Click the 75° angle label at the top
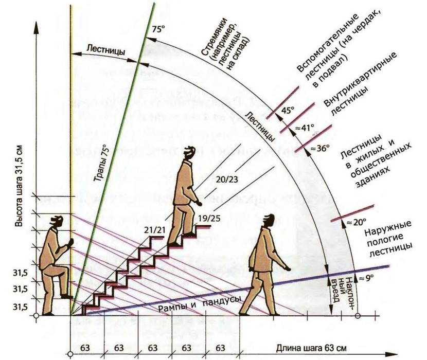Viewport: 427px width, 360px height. pos(157,29)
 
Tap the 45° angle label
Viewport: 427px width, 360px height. pos(288,110)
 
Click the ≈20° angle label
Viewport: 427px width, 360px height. pos(355,222)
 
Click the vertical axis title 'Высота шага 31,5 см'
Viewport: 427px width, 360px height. pos(19,186)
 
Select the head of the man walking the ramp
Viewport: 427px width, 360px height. pos(268,220)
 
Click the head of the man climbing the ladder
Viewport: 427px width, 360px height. pos(58,222)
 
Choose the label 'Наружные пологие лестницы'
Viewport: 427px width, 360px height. pos(389,236)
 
